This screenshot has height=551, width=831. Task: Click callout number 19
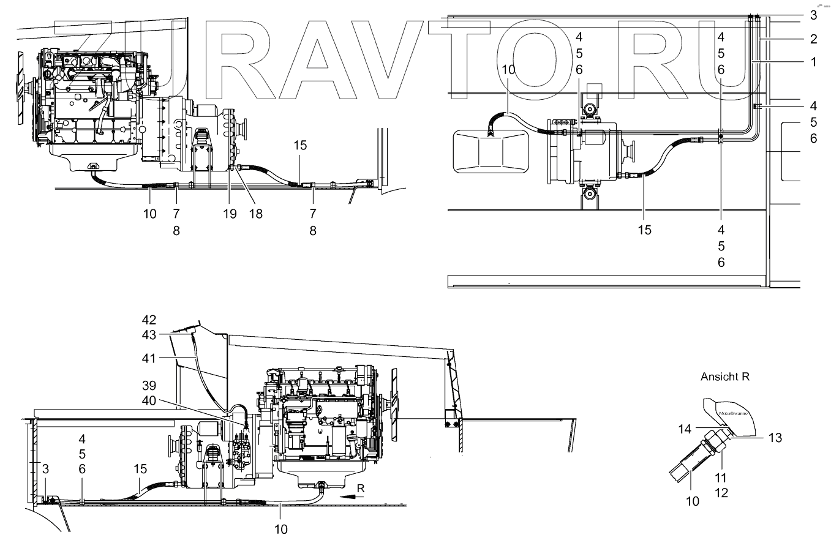coord(230,214)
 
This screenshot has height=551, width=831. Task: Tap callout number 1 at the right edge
coord(813,62)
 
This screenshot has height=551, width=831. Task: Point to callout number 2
coord(813,39)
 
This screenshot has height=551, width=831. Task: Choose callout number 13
coord(775,438)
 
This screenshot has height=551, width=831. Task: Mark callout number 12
coord(721,492)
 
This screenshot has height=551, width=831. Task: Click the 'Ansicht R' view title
coord(725,377)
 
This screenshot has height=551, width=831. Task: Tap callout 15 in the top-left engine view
coord(299,146)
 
